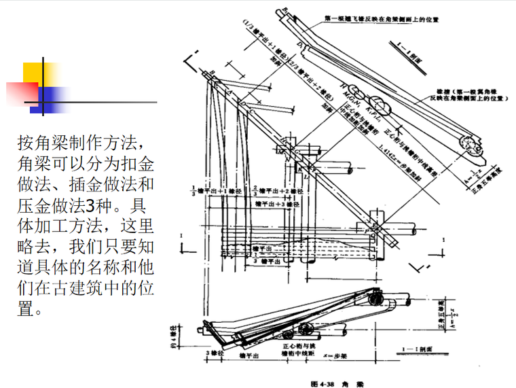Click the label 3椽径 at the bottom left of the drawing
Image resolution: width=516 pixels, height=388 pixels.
pyautogui.click(x=215, y=354)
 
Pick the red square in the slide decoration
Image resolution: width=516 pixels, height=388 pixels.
pyautogui.click(x=22, y=94)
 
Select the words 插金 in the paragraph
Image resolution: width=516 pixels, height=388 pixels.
pyautogui.click(x=81, y=184)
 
